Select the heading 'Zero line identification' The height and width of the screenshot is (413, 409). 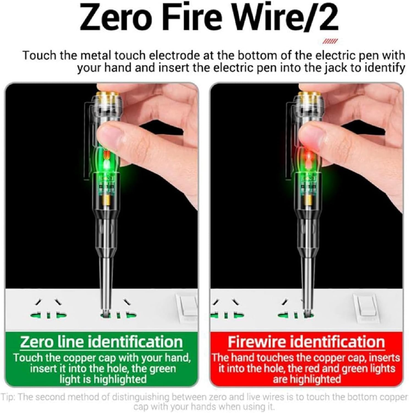point(101,342)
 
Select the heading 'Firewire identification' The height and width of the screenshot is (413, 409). point(306,342)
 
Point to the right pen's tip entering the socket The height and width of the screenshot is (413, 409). point(306,313)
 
